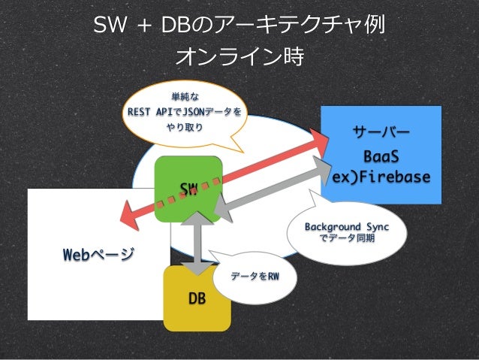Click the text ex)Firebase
click(x=382, y=177)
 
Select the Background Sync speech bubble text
click(x=346, y=226)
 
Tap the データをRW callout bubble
click(x=255, y=276)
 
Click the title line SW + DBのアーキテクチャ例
click(x=239, y=26)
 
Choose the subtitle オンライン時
click(x=239, y=56)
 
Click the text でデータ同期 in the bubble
click(x=347, y=238)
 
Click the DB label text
click(x=197, y=299)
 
